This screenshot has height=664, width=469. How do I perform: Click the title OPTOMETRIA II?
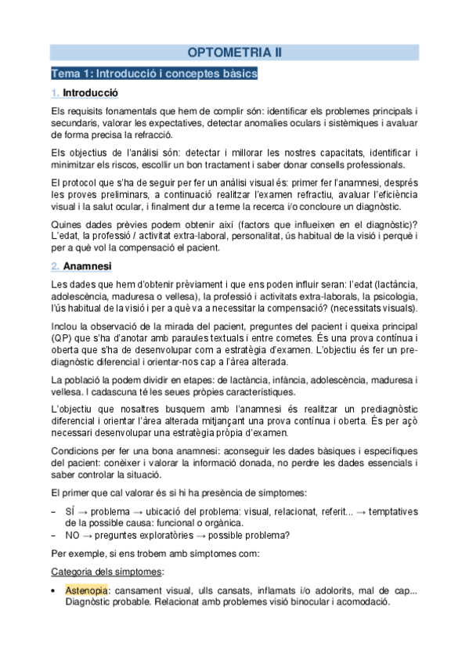234,52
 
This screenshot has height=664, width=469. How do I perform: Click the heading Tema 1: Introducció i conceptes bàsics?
154,74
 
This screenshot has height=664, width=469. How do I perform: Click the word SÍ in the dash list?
70,509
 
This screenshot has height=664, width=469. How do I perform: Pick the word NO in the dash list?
73,535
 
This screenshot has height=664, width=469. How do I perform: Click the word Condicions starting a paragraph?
74,452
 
